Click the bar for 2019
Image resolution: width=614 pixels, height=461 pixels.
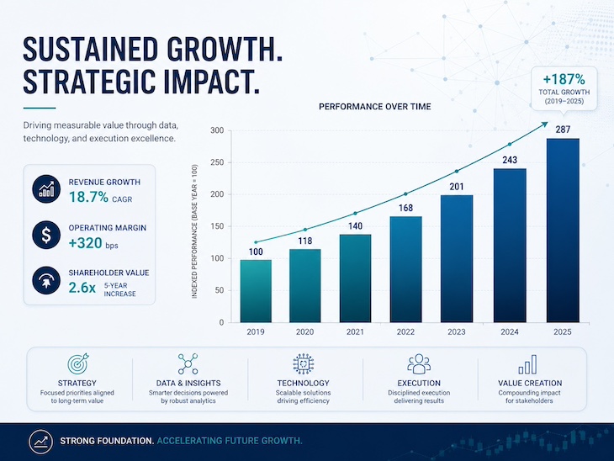(x=256, y=291)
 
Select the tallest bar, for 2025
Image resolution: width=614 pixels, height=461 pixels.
(x=563, y=231)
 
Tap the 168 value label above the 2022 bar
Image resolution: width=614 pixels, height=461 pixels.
(x=405, y=208)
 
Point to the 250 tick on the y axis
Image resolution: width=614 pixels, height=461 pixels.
(x=217, y=162)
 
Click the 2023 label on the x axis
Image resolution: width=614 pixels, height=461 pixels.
(x=457, y=331)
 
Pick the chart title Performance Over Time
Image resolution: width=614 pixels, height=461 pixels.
(x=375, y=107)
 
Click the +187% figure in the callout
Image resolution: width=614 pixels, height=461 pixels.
(x=564, y=80)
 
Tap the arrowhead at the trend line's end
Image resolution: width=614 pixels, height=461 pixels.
(x=545, y=125)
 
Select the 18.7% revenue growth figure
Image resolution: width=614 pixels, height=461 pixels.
(x=88, y=197)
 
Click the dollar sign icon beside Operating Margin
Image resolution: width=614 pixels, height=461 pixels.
(x=46, y=235)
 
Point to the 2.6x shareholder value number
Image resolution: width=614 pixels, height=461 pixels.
(x=82, y=288)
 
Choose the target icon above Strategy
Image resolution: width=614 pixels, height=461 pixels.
(x=77, y=364)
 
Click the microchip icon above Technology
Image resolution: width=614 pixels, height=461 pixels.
(x=303, y=364)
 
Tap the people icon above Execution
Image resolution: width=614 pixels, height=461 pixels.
(x=419, y=364)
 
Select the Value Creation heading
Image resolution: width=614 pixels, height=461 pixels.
(x=530, y=383)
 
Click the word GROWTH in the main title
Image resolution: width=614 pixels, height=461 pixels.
(x=225, y=50)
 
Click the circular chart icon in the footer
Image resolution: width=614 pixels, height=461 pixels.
(x=40, y=442)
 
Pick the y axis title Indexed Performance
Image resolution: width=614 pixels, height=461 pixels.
(x=194, y=231)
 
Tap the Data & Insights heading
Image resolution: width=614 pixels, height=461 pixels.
(x=188, y=383)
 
